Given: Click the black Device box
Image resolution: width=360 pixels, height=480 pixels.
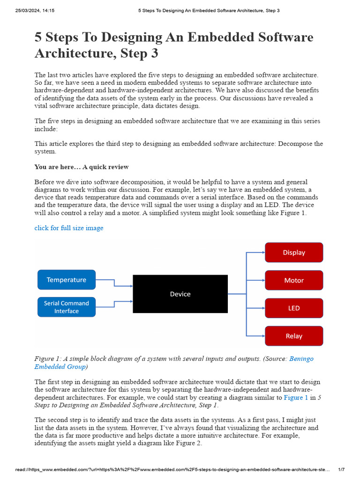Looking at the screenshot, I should pos(180,294).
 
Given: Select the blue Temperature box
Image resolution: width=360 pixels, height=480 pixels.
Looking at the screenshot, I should pos(67,280).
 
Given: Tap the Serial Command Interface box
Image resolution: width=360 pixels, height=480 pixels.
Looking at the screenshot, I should pos(67,307).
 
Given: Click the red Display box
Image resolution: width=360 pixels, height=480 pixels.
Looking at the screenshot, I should pos(294,252).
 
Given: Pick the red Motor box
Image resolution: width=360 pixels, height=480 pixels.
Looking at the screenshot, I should pos(294,280).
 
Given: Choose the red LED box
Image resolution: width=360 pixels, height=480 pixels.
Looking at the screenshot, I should pos(294,308).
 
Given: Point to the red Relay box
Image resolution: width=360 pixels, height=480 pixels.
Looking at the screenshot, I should pos(294,336).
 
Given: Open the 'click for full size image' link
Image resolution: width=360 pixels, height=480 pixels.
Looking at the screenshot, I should pos(69,228).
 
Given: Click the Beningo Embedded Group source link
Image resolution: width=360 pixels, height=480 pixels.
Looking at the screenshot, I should pos(301,359).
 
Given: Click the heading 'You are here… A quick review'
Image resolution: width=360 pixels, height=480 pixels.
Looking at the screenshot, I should pos(82,167).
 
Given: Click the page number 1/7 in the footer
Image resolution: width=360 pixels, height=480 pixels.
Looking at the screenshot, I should pos(341,469).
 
